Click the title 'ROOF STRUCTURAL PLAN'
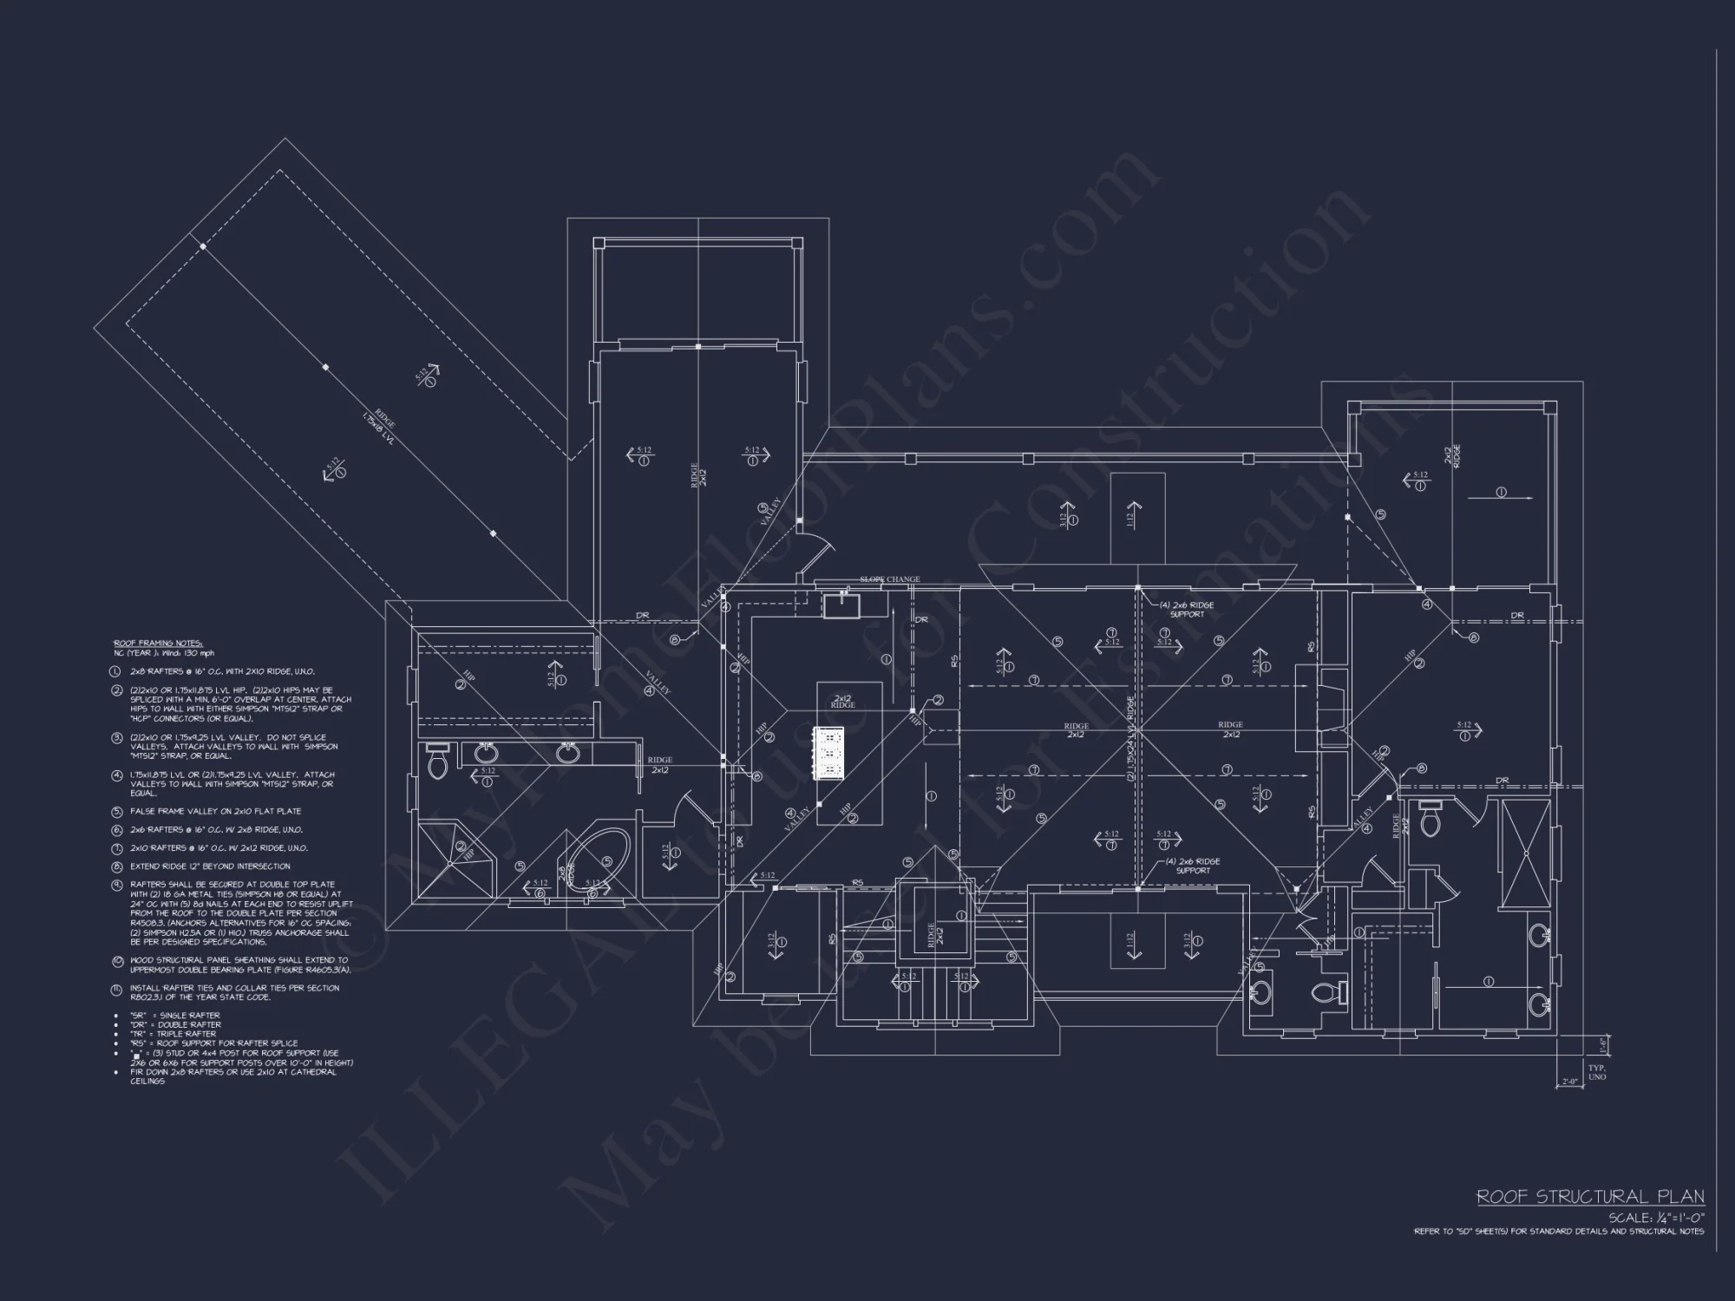1590,1197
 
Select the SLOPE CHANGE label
889,579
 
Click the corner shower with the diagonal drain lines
457,859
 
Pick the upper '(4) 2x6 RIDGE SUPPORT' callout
1187,609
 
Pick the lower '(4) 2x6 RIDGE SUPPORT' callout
1193,866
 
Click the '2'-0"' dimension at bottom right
1568,1082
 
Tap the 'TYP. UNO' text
1597,1072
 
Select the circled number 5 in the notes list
116,812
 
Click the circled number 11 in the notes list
116,989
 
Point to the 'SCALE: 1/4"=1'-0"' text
1655,1218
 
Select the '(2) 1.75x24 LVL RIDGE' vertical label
1131,737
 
